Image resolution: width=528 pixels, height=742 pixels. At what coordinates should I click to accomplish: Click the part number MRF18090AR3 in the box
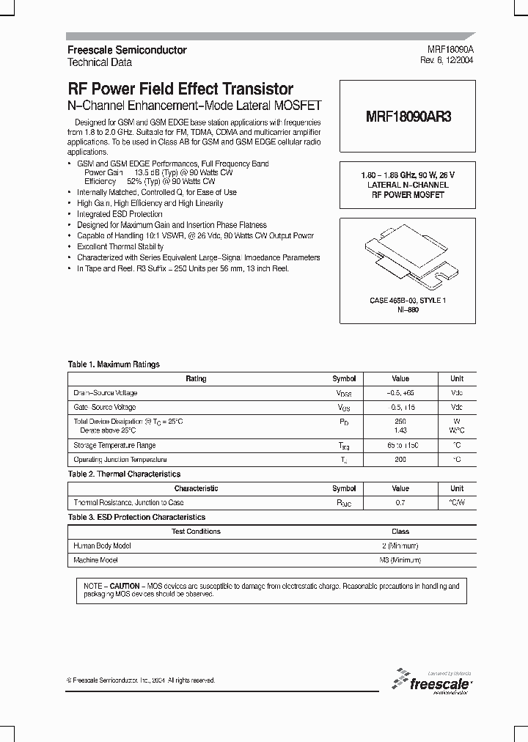(408, 117)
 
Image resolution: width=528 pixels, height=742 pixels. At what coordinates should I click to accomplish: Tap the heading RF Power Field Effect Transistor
(180, 89)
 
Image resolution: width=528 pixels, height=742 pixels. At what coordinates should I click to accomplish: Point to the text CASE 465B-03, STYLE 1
(408, 301)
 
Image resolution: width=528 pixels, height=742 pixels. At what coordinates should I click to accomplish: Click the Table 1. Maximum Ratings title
(114, 364)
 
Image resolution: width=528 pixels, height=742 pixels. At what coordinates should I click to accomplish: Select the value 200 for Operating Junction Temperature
(400, 459)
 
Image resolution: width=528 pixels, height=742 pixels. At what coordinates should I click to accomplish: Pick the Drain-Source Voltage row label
(106, 393)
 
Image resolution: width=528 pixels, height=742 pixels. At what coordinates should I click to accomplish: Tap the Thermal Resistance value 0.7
(400, 503)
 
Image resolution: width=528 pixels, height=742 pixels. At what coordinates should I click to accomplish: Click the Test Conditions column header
(196, 532)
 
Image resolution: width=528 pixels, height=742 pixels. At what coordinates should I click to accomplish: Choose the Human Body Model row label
(103, 546)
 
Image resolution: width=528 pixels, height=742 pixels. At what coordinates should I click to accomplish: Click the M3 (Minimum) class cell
(400, 560)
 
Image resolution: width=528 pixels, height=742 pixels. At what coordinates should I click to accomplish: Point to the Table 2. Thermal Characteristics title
(124, 474)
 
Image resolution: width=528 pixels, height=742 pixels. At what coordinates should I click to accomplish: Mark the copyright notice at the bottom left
(142, 680)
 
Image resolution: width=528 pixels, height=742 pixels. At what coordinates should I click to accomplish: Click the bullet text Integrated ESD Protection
(120, 214)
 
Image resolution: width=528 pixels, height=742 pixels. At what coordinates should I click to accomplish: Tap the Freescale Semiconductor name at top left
(127, 50)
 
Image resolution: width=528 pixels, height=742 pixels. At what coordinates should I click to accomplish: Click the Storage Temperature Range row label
(114, 445)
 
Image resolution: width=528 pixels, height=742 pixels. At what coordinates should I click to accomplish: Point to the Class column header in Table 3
(400, 532)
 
